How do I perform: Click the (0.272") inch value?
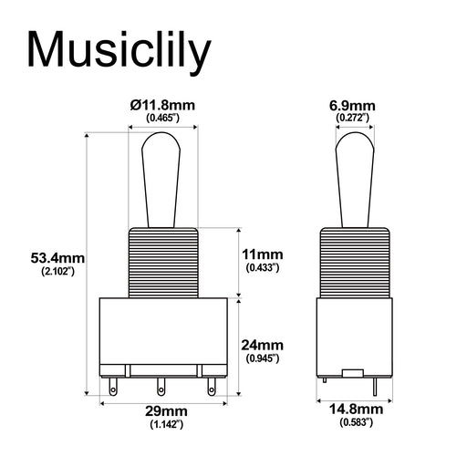351,119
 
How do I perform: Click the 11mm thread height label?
265,254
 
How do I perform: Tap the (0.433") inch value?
265,267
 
